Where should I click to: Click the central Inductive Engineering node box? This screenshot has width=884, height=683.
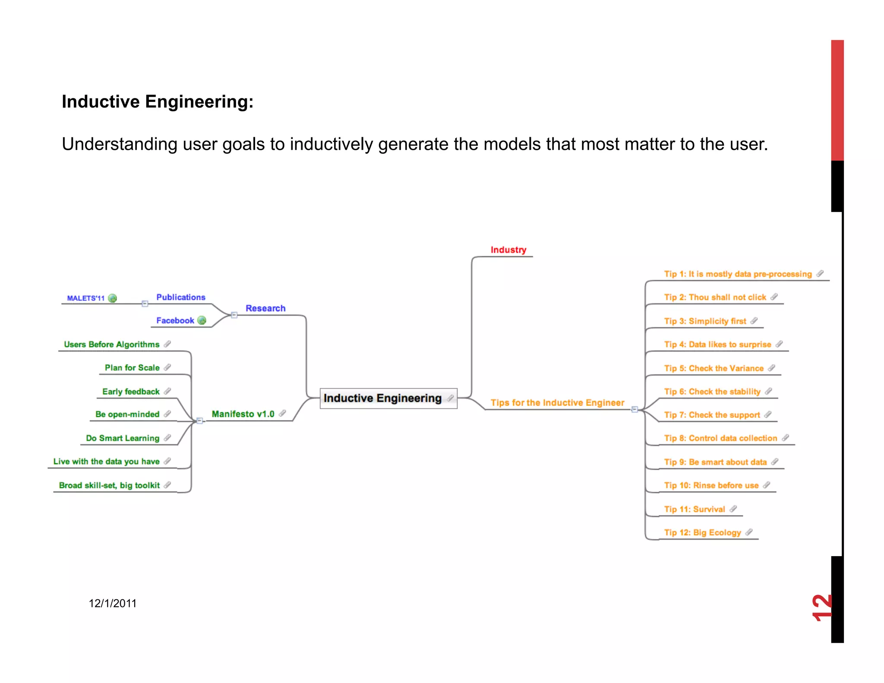388,398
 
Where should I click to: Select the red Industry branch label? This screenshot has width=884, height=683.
508,250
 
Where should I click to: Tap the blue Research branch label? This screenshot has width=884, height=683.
265,308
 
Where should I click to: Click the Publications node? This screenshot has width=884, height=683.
180,297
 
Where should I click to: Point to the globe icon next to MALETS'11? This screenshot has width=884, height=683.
113,298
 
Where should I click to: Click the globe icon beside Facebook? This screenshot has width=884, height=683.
202,320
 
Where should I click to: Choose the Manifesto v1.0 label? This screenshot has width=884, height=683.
243,414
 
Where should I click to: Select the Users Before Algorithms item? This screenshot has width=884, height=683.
111,345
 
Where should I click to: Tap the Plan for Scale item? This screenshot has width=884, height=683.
132,368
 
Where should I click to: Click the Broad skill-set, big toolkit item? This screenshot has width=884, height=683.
109,485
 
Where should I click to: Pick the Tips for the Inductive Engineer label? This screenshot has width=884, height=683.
557,403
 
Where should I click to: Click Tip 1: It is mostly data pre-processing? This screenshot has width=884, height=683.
738,274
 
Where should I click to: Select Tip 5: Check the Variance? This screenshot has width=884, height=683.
714,368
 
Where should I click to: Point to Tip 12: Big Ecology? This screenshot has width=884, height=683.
702,532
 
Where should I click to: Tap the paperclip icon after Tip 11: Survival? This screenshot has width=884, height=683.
733,509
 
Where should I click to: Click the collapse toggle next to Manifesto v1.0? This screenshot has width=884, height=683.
199,421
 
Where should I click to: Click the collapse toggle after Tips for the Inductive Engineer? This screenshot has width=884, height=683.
635,409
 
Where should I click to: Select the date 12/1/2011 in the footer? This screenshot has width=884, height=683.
113,604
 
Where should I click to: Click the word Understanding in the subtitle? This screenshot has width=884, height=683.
119,145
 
